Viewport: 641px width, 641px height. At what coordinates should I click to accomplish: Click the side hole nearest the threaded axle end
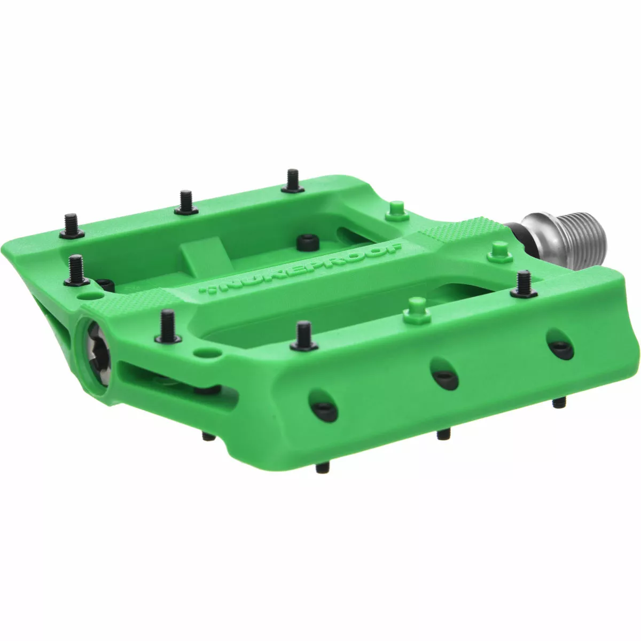pyautogui.click(x=558, y=350)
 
